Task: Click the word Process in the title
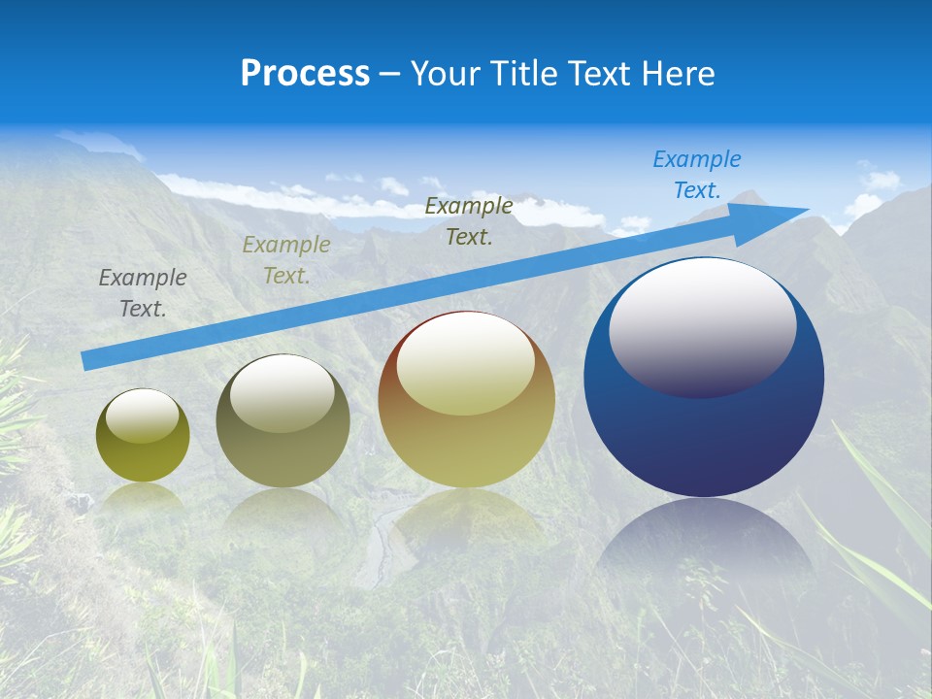tap(305, 74)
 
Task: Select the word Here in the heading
tap(677, 74)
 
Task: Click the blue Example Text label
tap(696, 175)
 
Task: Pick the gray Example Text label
tap(142, 293)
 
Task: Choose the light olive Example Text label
tap(285, 260)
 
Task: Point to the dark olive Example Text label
tap(469, 221)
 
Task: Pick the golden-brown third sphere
tap(466, 447)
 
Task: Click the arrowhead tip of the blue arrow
tap(806, 209)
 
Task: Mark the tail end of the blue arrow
tap(85, 361)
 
